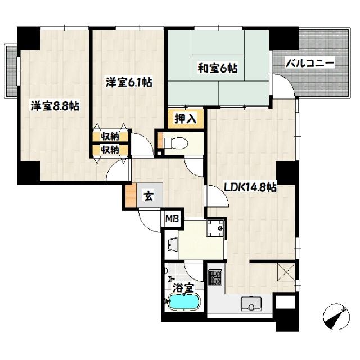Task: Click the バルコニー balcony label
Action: [x=310, y=63]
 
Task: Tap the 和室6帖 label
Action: [x=217, y=69]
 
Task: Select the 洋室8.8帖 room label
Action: [x=55, y=105]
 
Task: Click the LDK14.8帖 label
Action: [x=250, y=187]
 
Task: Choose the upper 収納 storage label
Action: [x=110, y=137]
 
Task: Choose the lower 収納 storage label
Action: [x=110, y=150]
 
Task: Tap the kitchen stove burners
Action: [x=215, y=277]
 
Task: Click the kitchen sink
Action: [x=249, y=305]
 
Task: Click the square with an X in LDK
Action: [x=286, y=274]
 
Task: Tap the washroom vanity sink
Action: [x=171, y=244]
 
